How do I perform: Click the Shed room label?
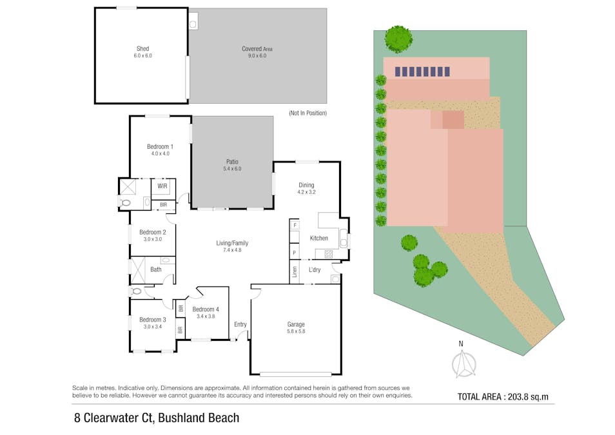(142, 48)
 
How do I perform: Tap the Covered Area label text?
(257, 49)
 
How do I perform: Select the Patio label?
(232, 162)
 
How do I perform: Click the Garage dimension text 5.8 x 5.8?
(296, 331)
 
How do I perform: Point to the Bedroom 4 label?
(206, 309)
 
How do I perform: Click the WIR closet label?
(162, 186)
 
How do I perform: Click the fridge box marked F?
(295, 225)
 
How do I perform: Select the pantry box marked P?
(294, 253)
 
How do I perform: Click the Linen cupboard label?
(295, 272)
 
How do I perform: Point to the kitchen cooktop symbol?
(329, 254)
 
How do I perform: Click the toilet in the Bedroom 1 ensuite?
(124, 202)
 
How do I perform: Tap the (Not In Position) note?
(308, 113)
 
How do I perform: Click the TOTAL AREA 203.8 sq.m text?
(503, 396)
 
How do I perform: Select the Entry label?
(240, 324)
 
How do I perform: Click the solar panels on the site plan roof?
(422, 72)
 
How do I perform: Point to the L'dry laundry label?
(315, 269)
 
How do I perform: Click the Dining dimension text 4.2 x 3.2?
(306, 192)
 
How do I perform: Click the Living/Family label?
(232, 243)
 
